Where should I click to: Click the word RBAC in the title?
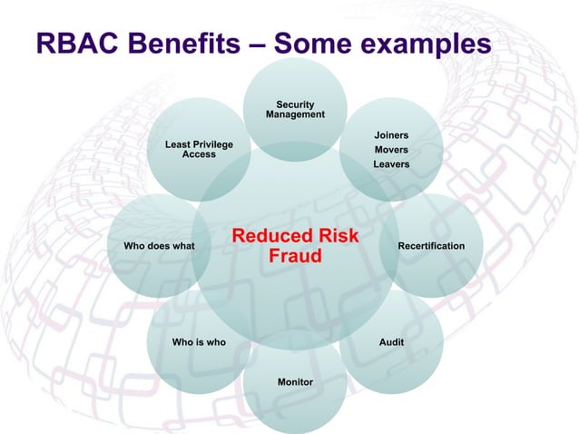pyautogui.click(x=72, y=43)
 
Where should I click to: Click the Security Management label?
pyautogui.click(x=295, y=110)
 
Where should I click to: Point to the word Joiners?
pyautogui.click(x=391, y=135)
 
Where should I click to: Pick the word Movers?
pyautogui.click(x=391, y=150)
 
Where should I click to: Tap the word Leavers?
pyautogui.click(x=391, y=164)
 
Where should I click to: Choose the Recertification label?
pyautogui.click(x=431, y=246)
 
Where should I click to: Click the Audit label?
pyautogui.click(x=391, y=342)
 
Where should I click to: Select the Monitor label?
pyautogui.click(x=295, y=382)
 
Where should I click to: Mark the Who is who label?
pyautogui.click(x=199, y=342)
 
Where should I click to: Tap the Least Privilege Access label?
pyautogui.click(x=199, y=150)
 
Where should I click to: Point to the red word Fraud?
pyautogui.click(x=296, y=257)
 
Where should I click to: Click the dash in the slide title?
pyautogui.click(x=260, y=44)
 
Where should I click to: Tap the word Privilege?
pyautogui.click(x=212, y=144)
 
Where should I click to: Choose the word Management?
pyautogui.click(x=295, y=115)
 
